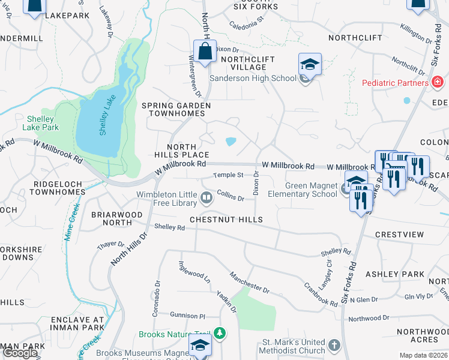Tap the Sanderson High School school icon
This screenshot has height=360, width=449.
point(310,65)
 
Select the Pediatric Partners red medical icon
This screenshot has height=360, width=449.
point(438,82)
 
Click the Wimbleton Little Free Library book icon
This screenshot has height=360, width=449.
point(206,197)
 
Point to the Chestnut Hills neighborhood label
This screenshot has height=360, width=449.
point(226,220)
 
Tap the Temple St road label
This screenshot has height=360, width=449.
point(229,175)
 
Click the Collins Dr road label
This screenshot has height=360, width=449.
point(231,195)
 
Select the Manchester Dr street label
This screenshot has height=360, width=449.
point(249,281)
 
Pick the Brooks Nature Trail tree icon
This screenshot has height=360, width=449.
point(220,332)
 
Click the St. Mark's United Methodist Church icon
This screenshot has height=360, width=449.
point(334,346)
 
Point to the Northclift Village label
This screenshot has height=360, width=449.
point(247,63)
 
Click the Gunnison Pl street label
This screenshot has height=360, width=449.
point(187,315)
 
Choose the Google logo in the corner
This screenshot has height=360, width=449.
point(20,353)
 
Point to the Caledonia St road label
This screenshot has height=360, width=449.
point(247,23)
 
